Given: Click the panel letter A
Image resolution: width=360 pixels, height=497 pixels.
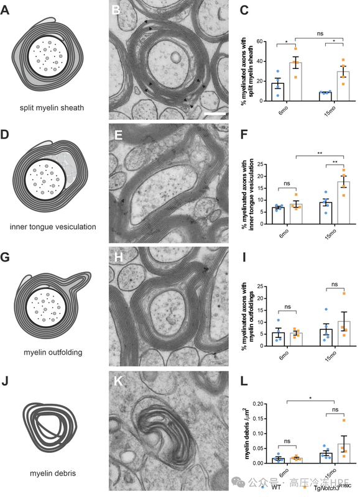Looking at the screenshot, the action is [5, 10].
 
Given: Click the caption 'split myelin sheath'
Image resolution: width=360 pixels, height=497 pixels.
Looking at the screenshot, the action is [52, 107].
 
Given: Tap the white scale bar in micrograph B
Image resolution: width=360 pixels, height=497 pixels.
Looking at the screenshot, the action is [215, 113].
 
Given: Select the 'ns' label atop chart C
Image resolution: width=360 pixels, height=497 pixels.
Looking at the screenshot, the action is [320, 34].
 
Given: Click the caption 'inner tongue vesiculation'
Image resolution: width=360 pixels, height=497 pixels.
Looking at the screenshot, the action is [53, 227].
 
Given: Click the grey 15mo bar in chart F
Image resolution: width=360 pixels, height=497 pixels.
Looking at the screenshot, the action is [343, 203].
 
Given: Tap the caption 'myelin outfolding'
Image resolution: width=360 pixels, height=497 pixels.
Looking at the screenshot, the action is [53, 352].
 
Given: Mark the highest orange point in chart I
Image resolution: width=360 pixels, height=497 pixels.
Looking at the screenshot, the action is [343, 293].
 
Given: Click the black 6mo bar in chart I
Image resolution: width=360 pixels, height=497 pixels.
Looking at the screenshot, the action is [278, 339].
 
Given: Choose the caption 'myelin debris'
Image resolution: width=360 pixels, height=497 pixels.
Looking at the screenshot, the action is [53, 473].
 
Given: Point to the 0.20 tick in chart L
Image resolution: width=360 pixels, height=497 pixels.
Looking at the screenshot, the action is [257, 404].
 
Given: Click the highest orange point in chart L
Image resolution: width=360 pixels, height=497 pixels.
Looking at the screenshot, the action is [343, 421].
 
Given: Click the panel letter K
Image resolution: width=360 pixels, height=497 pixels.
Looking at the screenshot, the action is [118, 381].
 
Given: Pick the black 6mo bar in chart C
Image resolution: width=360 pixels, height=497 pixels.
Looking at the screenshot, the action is [278, 92].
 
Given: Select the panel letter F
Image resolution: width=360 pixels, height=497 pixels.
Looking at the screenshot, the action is [244, 135].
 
